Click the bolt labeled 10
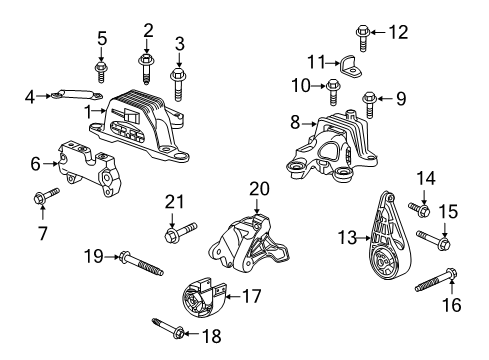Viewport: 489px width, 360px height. (334, 95)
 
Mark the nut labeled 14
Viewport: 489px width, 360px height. (418, 210)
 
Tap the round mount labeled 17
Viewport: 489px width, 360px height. (199, 297)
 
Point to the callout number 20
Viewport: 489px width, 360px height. (260, 188)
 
